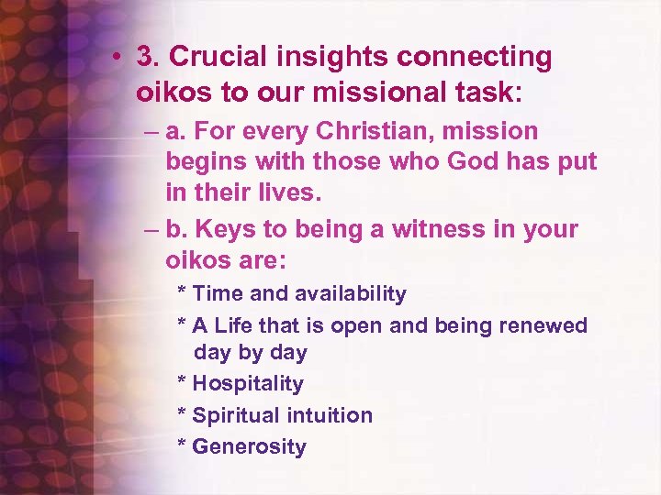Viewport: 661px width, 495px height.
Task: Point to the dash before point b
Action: pos(151,229)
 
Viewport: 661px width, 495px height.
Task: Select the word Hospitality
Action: pos(248,384)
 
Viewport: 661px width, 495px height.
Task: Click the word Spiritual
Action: pos(236,415)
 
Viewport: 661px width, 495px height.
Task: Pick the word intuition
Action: pos(330,415)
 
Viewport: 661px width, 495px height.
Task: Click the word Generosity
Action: pos(249,447)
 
